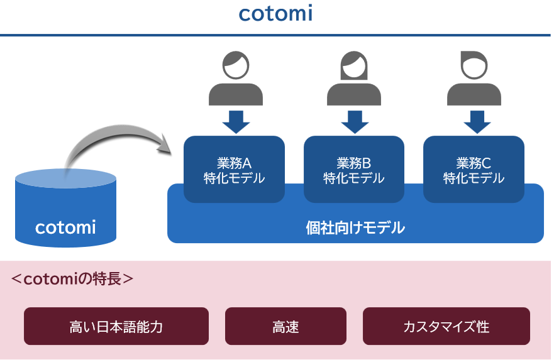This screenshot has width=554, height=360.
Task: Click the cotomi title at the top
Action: pos(275,14)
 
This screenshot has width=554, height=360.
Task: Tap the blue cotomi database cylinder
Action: pos(66,208)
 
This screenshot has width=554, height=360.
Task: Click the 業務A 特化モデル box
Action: pos(234,169)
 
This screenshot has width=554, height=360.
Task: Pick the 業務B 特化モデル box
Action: pos(353,169)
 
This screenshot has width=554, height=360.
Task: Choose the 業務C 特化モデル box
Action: pos(474,169)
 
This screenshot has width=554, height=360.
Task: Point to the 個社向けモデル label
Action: pos(355,227)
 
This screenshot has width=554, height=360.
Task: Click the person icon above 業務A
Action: pos(236,78)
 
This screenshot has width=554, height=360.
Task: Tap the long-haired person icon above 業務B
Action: pos(353,78)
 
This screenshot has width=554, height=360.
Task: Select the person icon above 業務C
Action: pos(474,78)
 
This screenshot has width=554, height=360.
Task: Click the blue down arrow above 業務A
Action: pos(236,122)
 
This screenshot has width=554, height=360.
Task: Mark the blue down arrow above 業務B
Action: pos(355,122)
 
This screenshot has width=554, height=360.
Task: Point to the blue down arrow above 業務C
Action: pos(477,122)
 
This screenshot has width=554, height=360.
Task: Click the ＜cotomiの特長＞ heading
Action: pos(72,279)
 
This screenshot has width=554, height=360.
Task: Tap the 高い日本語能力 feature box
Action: pos(116,326)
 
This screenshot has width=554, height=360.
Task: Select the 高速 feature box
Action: pos(285,326)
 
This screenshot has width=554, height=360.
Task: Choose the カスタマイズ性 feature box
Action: pos(446,326)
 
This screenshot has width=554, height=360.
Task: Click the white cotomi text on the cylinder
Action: pos(65,227)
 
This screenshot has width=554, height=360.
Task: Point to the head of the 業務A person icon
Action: pos(236,65)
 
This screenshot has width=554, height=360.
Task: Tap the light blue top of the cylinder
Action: pos(66,178)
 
